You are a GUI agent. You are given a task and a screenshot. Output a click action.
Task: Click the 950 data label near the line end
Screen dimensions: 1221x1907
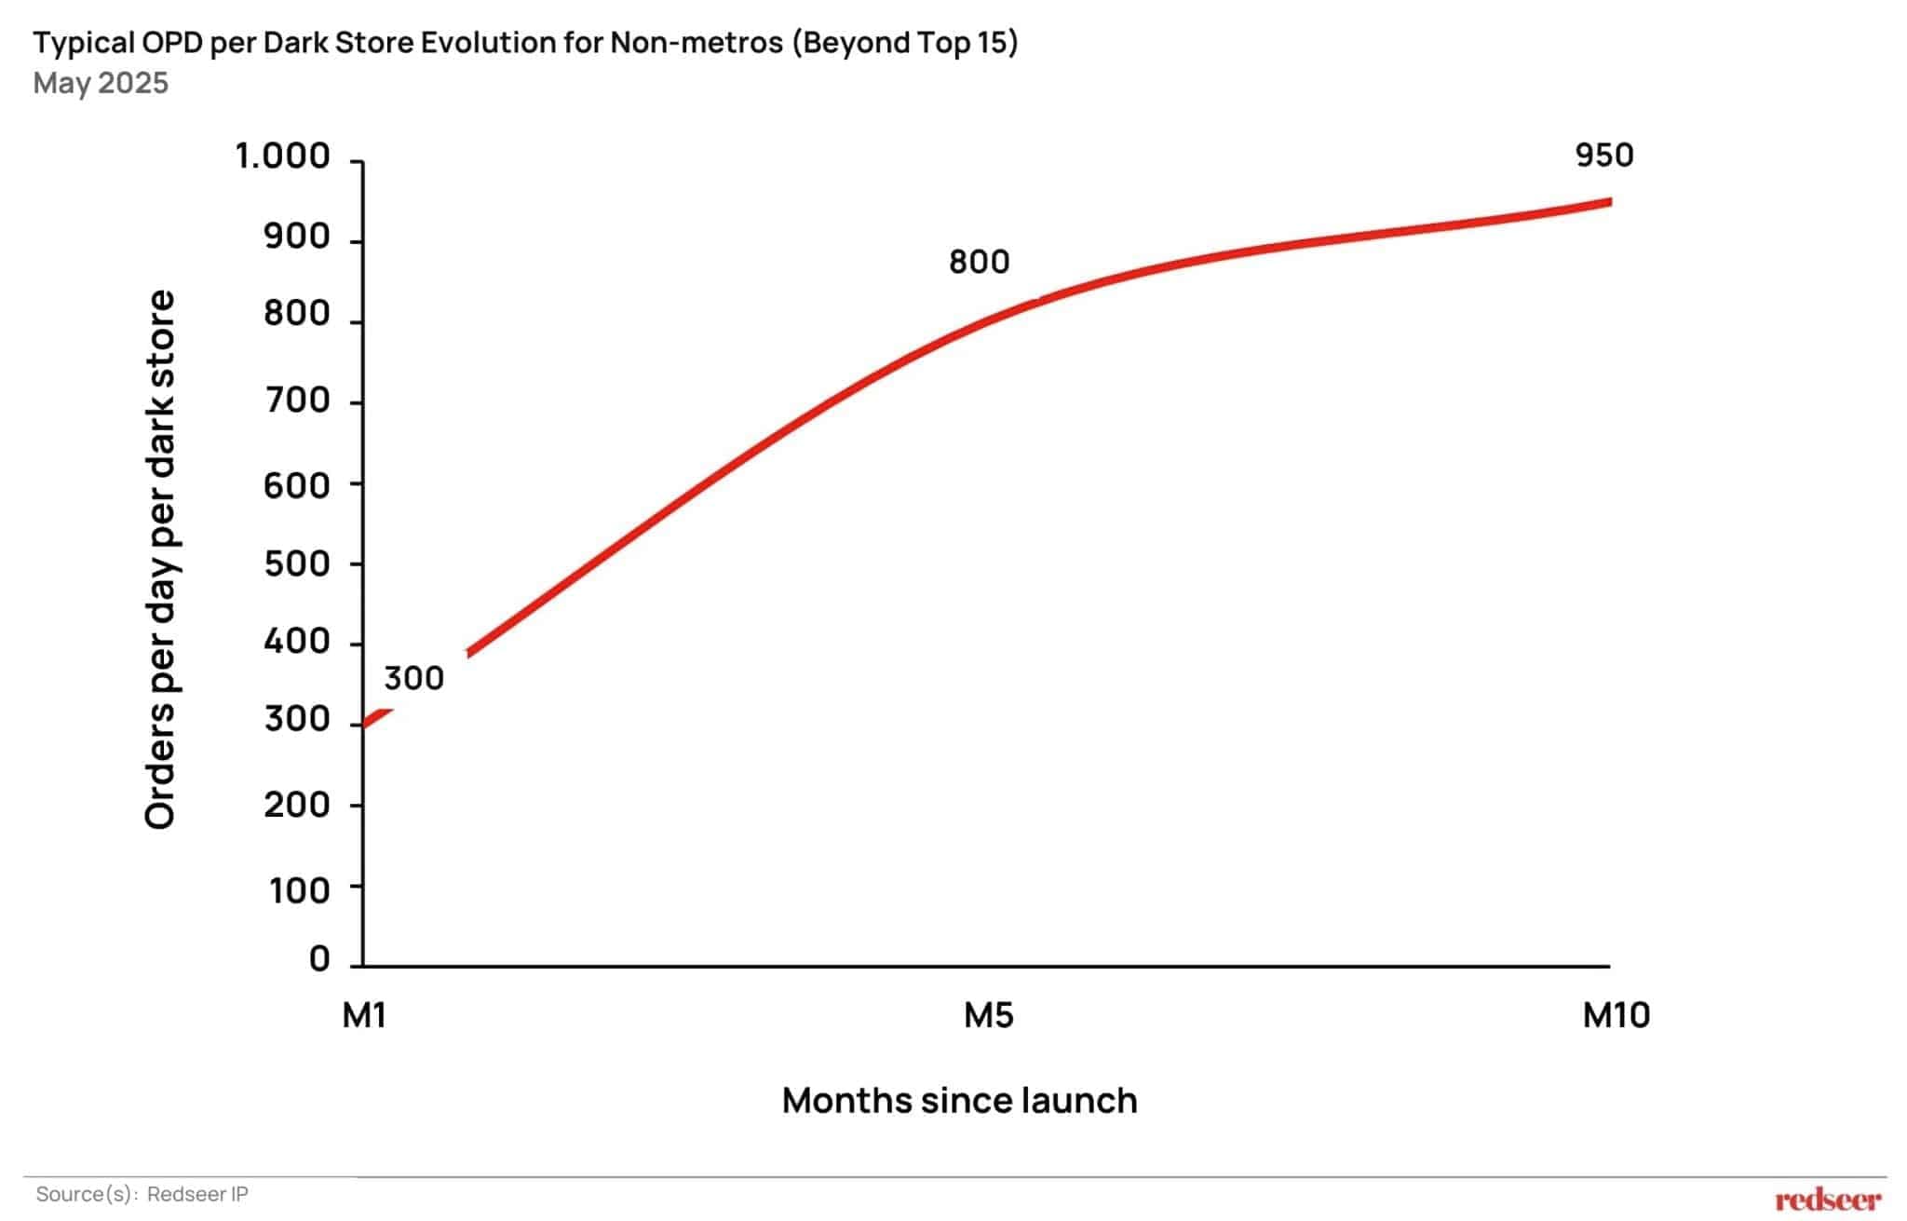click(x=1603, y=156)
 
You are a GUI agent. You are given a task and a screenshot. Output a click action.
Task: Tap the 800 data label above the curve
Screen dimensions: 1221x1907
click(x=979, y=263)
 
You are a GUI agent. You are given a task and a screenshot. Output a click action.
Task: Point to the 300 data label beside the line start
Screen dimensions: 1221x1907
click(x=413, y=679)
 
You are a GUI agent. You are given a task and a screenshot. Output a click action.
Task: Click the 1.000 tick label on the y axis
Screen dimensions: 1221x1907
click(x=282, y=156)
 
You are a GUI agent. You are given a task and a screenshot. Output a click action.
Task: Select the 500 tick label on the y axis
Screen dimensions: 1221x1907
click(x=297, y=564)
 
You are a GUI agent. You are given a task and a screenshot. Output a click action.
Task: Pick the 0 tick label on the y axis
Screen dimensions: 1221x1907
click(x=319, y=958)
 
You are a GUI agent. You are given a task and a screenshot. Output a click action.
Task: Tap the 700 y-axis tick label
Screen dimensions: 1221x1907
click(x=297, y=400)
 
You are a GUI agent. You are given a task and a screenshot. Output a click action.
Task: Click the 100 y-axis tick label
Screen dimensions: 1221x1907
click(x=300, y=891)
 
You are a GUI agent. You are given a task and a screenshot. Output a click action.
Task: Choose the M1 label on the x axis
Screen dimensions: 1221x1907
click(x=364, y=1015)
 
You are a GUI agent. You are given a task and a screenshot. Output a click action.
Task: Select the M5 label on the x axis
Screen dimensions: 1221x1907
click(x=988, y=1015)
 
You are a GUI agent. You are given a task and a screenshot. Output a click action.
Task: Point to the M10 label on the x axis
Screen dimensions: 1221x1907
click(x=1616, y=1015)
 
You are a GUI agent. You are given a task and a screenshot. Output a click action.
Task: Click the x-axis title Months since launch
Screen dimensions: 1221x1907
click(x=959, y=1101)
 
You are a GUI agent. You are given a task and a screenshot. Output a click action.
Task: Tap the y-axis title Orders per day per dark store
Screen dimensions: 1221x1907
click(x=160, y=559)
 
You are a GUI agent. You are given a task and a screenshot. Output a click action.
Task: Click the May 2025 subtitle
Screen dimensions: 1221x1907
click(x=101, y=83)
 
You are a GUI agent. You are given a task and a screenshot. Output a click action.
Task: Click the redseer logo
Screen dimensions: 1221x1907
click(x=1827, y=1200)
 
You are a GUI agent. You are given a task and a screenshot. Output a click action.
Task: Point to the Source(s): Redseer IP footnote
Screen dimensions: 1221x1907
click(x=142, y=1194)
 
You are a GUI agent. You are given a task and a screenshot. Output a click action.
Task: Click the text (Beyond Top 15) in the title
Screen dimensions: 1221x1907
click(x=904, y=43)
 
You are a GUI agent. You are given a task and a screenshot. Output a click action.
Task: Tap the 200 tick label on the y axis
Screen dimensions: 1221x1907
click(x=297, y=805)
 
